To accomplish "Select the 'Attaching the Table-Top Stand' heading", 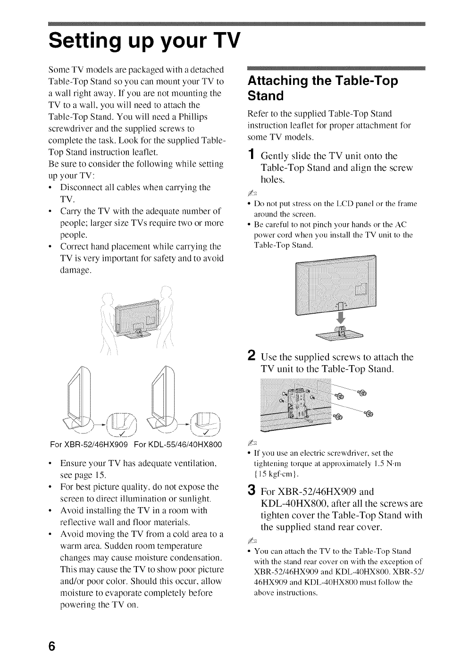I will pyautogui.click(x=323, y=88).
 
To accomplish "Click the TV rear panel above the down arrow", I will pyautogui.click(x=335, y=283).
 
